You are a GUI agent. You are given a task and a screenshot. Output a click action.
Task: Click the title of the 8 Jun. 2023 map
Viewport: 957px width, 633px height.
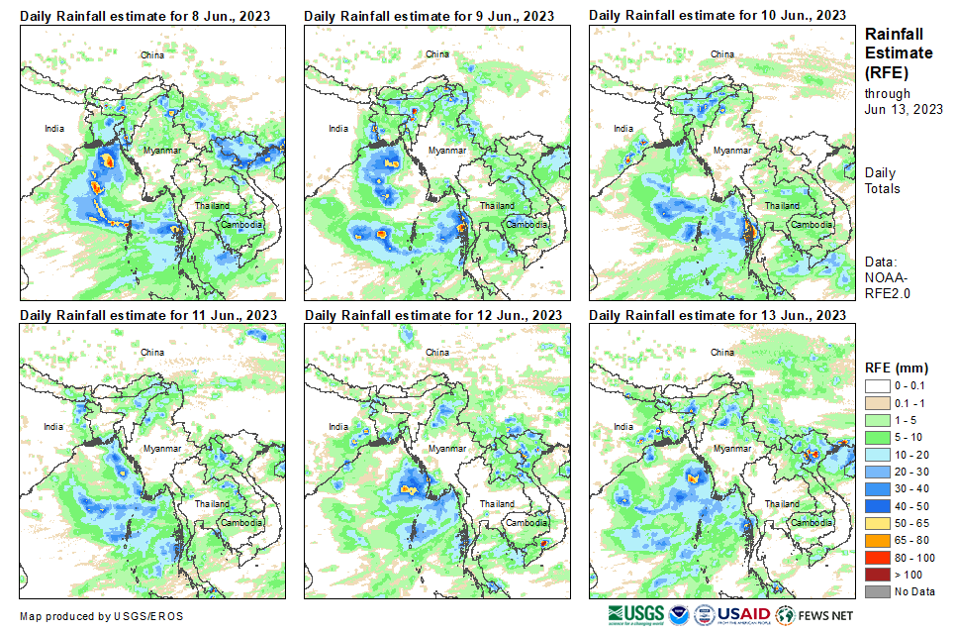(x=147, y=16)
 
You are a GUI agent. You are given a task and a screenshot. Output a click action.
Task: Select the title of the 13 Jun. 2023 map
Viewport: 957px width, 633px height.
(x=718, y=314)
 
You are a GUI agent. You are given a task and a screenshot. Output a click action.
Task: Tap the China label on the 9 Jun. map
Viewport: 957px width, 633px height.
(x=436, y=53)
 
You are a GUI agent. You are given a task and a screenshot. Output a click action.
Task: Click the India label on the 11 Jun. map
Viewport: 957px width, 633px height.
(x=53, y=427)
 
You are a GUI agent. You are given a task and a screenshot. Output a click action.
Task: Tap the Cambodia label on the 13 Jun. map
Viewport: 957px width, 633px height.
(x=808, y=522)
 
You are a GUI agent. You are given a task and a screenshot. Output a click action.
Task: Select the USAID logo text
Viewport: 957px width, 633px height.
(x=743, y=614)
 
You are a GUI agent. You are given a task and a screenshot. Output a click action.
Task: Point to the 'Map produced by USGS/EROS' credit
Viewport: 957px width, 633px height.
(x=101, y=616)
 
